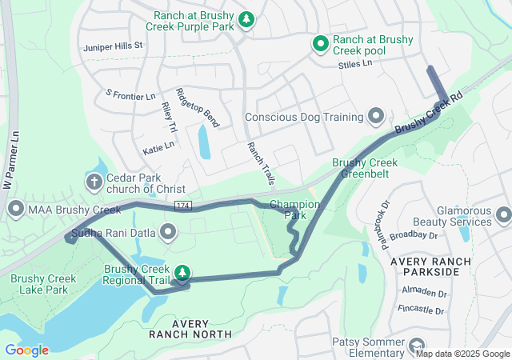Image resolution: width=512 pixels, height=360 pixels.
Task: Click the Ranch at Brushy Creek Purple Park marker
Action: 248,18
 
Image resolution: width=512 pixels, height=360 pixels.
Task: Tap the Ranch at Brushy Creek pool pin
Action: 321,44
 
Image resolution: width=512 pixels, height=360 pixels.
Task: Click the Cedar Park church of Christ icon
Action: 94,182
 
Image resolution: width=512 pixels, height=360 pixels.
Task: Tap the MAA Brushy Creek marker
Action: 15,210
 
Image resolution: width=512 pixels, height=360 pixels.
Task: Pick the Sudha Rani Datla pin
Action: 168,233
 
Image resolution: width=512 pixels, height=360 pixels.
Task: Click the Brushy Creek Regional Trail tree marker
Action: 182,273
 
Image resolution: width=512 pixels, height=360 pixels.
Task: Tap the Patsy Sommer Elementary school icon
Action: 416,346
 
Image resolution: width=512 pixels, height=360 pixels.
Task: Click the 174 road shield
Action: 182,206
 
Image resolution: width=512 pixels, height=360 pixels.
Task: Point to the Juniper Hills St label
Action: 112,46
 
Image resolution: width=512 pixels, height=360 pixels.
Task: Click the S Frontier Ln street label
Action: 130,95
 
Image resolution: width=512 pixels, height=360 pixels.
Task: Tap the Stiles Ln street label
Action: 355,63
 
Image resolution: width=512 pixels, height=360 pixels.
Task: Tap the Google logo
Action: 26,350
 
